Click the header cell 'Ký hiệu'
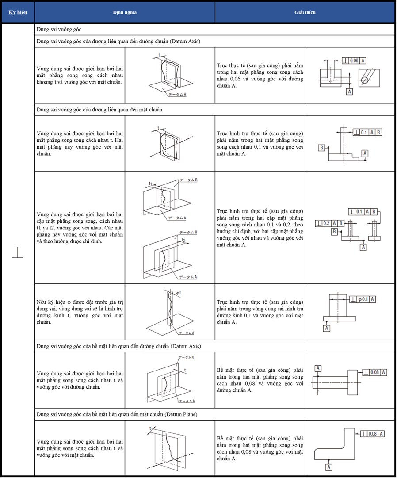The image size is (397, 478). [x=18, y=12]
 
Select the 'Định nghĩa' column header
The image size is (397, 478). [x=125, y=12]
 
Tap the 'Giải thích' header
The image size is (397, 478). [x=305, y=12]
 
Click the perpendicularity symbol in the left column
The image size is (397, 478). [x=18, y=253]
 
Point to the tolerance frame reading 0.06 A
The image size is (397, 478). [x=355, y=60]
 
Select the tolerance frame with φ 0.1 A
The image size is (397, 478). [x=363, y=299]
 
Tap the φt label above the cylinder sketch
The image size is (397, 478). [x=178, y=292]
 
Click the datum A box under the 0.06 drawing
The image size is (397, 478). [x=350, y=91]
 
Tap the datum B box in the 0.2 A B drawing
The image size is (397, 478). [x=335, y=232]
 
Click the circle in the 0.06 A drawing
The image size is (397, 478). [x=366, y=80]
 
